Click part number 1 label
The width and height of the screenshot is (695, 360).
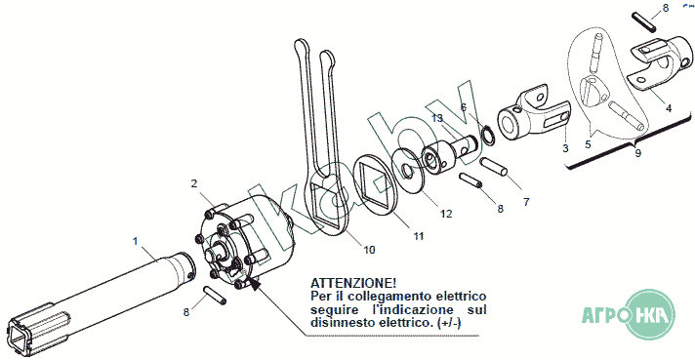[136, 241]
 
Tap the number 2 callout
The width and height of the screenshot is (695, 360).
[194, 183]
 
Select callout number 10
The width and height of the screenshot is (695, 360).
[369, 250]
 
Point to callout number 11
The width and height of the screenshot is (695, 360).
[419, 236]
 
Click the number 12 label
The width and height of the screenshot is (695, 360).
[446, 214]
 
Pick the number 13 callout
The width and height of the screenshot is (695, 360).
[437, 118]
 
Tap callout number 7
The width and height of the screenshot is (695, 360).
[526, 202]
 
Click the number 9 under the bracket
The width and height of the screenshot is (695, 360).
[637, 153]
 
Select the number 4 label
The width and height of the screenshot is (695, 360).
[669, 107]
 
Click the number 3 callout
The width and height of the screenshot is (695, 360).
[565, 148]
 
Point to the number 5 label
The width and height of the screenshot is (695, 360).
[588, 144]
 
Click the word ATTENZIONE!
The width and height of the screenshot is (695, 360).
[353, 283]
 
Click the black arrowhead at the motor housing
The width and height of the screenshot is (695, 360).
[254, 283]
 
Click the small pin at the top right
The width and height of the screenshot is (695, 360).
[644, 22]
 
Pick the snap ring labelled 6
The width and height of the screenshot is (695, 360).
[487, 136]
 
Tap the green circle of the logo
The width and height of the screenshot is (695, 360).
[651, 314]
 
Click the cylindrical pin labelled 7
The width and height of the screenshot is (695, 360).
[494, 167]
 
